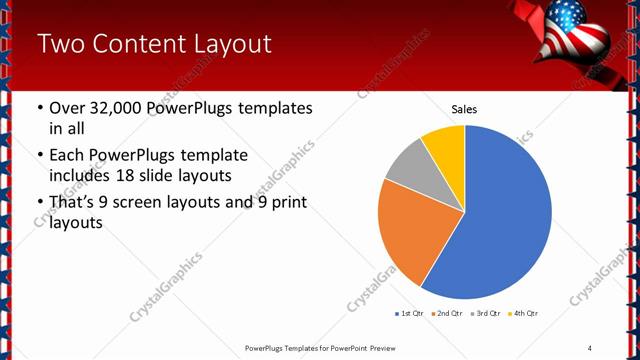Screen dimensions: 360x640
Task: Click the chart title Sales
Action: pyautogui.click(x=464, y=108)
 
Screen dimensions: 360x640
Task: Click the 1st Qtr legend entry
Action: pyautogui.click(x=410, y=314)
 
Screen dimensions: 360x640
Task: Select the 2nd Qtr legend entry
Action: pyautogui.click(x=447, y=314)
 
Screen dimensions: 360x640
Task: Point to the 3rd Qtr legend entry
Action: pyautogui.click(x=485, y=314)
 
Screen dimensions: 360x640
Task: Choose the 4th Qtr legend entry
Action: pyautogui.click(x=523, y=314)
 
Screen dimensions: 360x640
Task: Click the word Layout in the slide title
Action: pyautogui.click(x=231, y=44)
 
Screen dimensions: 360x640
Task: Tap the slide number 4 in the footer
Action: pyautogui.click(x=590, y=347)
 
